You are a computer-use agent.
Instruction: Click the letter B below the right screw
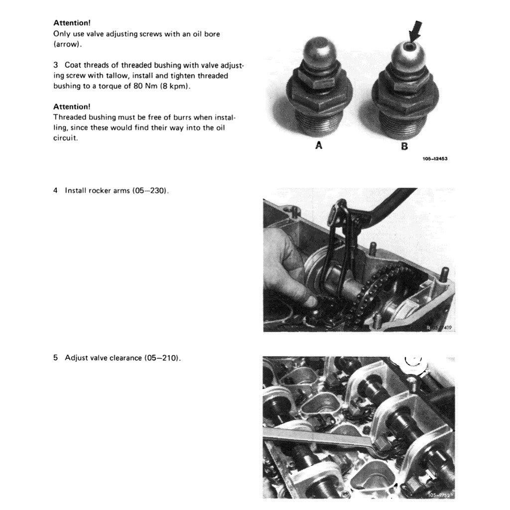(404, 146)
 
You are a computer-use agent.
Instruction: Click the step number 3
(56, 66)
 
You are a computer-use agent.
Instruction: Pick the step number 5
(56, 358)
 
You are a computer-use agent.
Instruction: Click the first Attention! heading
(72, 23)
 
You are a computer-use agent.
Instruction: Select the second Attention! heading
(72, 107)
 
